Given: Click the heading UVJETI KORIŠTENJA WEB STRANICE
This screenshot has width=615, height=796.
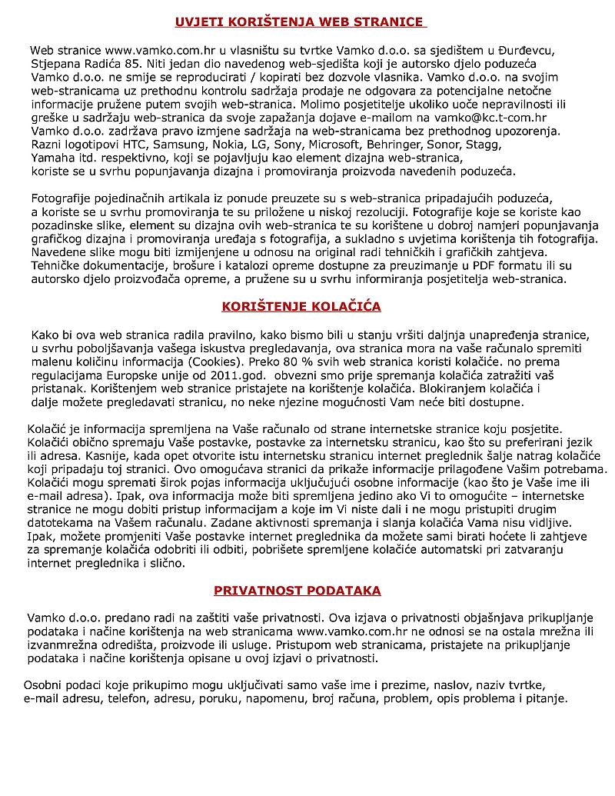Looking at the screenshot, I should (300, 22).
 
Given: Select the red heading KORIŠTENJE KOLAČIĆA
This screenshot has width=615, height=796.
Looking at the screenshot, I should (301, 306).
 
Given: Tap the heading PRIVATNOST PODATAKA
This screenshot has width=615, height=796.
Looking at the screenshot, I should (298, 591).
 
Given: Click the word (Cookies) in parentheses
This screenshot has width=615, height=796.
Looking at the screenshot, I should (213, 361).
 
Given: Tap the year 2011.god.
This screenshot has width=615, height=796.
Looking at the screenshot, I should (238, 375).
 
